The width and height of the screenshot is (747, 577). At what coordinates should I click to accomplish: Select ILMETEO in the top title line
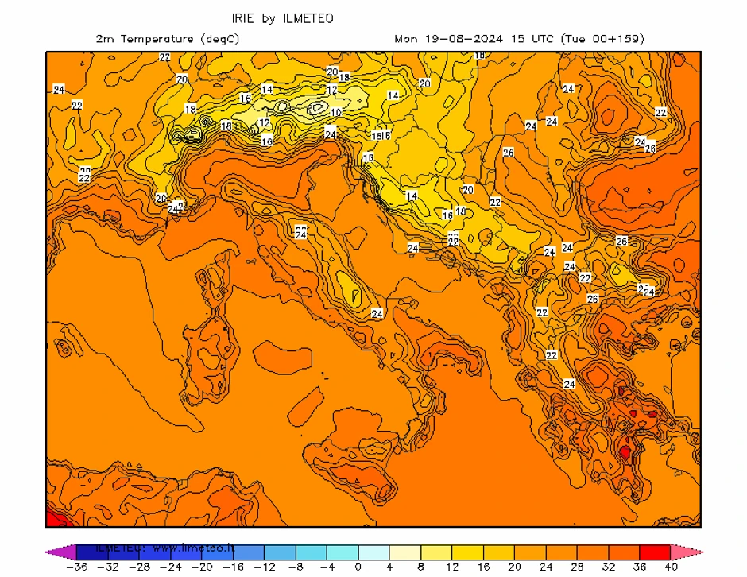click(x=306, y=17)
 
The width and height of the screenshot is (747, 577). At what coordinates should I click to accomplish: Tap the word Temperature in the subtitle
click(x=155, y=38)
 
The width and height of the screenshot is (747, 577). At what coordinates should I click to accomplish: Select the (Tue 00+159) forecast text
click(x=602, y=38)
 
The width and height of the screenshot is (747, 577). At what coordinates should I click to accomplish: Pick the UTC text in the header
click(x=543, y=38)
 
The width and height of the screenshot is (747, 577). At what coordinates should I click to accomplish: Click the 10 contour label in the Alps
click(x=336, y=112)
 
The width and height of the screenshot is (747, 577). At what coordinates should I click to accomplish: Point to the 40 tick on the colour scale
click(x=670, y=567)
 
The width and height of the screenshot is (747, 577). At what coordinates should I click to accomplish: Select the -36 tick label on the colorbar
click(x=76, y=567)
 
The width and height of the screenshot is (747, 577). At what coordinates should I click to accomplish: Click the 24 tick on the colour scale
click(x=545, y=567)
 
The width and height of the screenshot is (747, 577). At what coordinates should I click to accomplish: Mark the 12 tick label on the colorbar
click(x=451, y=567)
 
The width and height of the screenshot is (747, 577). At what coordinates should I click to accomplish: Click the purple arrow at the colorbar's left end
click(x=54, y=552)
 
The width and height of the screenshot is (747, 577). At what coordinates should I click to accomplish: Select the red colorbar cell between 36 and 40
click(x=654, y=552)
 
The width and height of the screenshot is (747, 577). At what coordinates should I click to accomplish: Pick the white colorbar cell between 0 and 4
click(x=373, y=552)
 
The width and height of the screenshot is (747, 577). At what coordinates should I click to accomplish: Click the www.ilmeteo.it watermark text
click(x=195, y=548)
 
